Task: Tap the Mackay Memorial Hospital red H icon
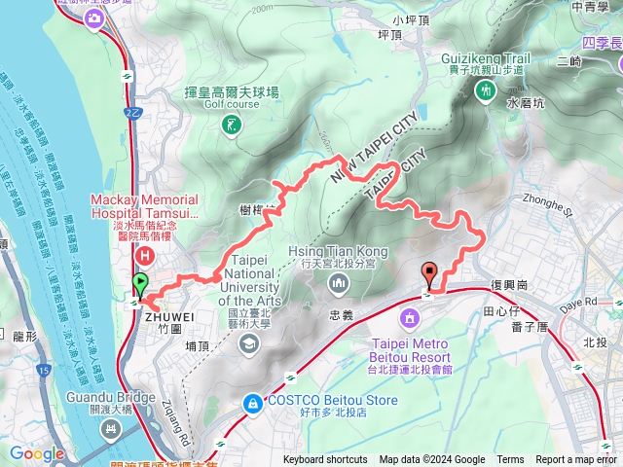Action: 145,256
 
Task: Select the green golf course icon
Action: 230,125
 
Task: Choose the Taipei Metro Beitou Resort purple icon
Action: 410,318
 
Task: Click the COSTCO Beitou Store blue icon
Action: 252,401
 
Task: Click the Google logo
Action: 37,453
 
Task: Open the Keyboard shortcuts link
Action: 325,460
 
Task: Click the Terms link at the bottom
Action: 510,460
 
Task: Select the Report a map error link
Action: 577,460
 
